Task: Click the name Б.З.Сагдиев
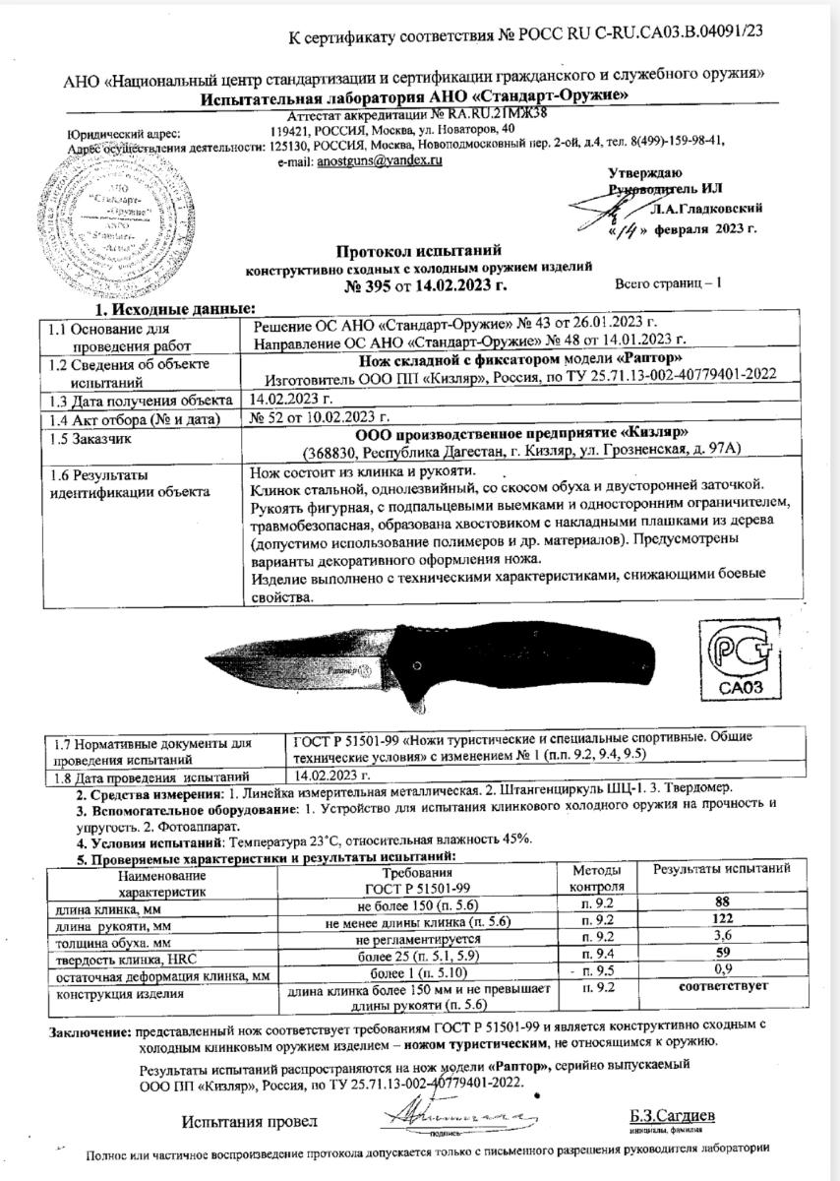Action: click(x=673, y=1116)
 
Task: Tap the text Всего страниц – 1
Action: click(x=668, y=283)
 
